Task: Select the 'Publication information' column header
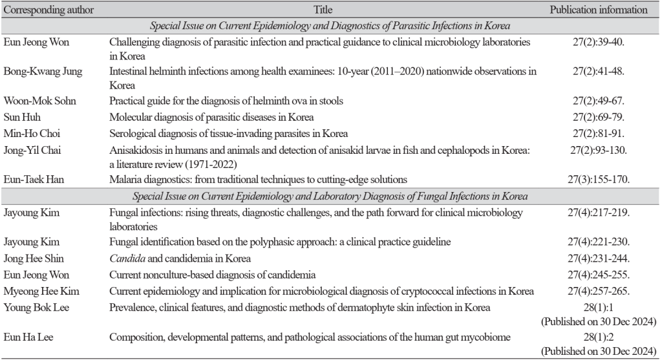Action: [598, 10]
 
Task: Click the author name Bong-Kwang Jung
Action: [43, 72]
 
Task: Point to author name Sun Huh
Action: [25, 117]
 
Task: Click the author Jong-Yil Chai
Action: [36, 150]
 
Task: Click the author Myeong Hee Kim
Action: [42, 290]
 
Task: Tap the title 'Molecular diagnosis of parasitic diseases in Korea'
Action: [211, 117]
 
